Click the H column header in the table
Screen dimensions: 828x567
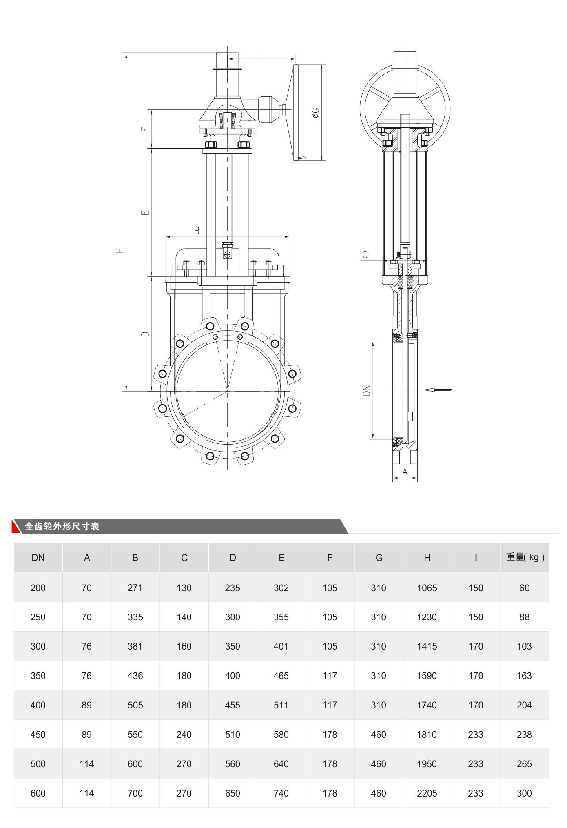427,558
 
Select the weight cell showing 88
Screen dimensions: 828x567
524,617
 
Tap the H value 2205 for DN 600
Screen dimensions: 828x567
427,793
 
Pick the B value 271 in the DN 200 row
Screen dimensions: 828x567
135,588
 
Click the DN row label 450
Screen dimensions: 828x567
38,735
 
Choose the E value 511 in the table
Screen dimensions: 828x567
281,705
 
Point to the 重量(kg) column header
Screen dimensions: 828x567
525,557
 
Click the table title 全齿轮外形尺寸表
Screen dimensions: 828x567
62,526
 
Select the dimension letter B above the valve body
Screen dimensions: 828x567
197,231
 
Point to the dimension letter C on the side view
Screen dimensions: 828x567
365,255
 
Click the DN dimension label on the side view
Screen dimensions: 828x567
366,390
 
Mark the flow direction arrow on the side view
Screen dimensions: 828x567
437,390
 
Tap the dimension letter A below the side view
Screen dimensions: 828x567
405,472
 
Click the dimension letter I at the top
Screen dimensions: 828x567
261,53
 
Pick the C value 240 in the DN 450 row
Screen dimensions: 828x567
184,735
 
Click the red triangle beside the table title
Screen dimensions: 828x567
16,527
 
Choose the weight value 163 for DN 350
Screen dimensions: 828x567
524,676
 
